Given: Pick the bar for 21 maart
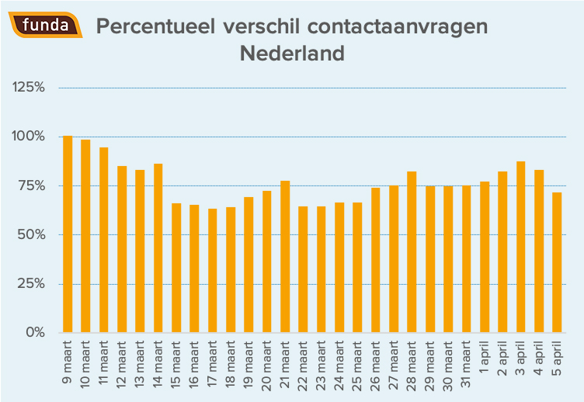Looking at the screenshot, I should (285, 257).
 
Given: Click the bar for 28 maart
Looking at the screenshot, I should (412, 252).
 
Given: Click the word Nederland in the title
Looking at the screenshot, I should (292, 54).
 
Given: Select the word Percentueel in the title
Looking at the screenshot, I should (155, 26).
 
